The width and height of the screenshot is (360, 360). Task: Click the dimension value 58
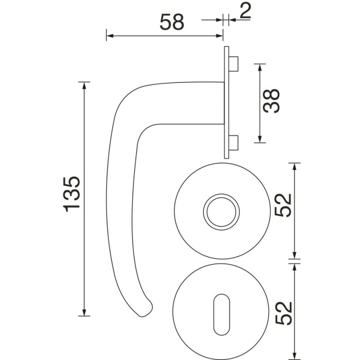point(172,22)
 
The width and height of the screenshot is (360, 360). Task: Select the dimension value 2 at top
point(245,10)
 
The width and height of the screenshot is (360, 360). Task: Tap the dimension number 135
point(71,194)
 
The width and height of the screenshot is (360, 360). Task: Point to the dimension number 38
point(272,101)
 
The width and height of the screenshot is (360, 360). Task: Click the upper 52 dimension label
point(283,205)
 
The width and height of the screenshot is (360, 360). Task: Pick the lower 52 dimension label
point(283,313)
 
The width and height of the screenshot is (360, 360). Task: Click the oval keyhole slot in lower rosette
point(221,314)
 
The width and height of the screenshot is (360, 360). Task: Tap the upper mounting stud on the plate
point(234,64)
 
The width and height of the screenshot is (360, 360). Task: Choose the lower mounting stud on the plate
point(234,143)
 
